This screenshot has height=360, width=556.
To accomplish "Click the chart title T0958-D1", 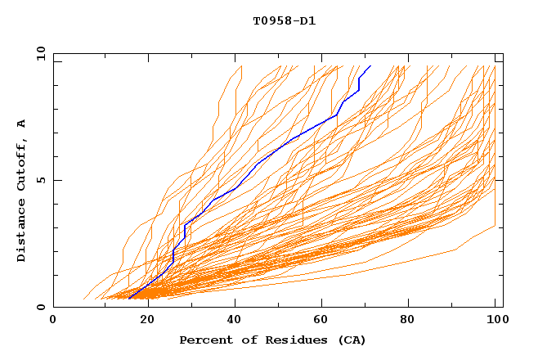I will click(285, 20).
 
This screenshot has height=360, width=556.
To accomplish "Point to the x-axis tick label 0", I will click(53, 320).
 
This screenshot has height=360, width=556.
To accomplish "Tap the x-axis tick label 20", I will click(141, 320).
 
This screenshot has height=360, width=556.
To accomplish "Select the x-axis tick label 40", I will click(230, 320).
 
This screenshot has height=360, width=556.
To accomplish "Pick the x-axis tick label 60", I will click(318, 320).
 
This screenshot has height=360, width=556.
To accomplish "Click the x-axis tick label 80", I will click(406, 320).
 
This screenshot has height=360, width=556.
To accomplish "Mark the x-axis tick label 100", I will click(495, 320).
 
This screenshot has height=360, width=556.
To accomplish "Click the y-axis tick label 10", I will click(39, 53).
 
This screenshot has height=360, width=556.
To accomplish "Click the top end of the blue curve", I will click(370, 65).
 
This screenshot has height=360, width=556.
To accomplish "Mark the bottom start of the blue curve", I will click(129, 299).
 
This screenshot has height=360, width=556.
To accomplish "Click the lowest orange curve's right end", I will click(495, 226).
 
